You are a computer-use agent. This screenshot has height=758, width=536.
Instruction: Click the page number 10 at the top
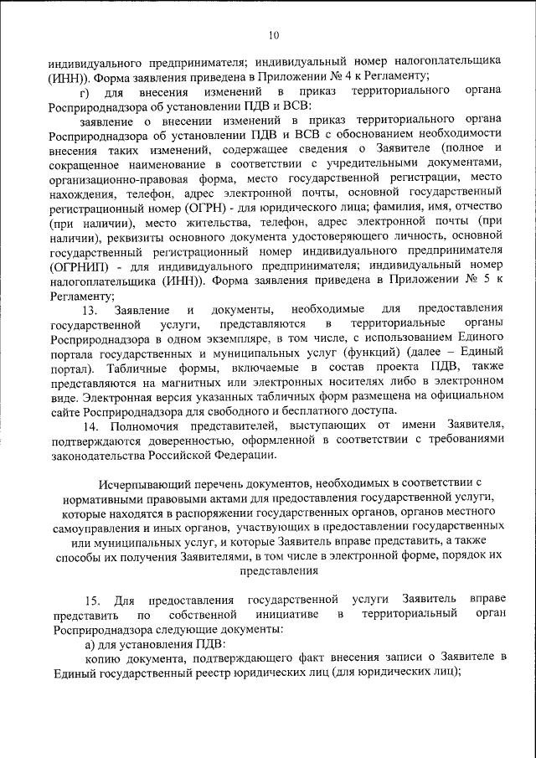[274, 35]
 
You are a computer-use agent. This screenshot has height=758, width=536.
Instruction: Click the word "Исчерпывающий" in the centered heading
[139, 483]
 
